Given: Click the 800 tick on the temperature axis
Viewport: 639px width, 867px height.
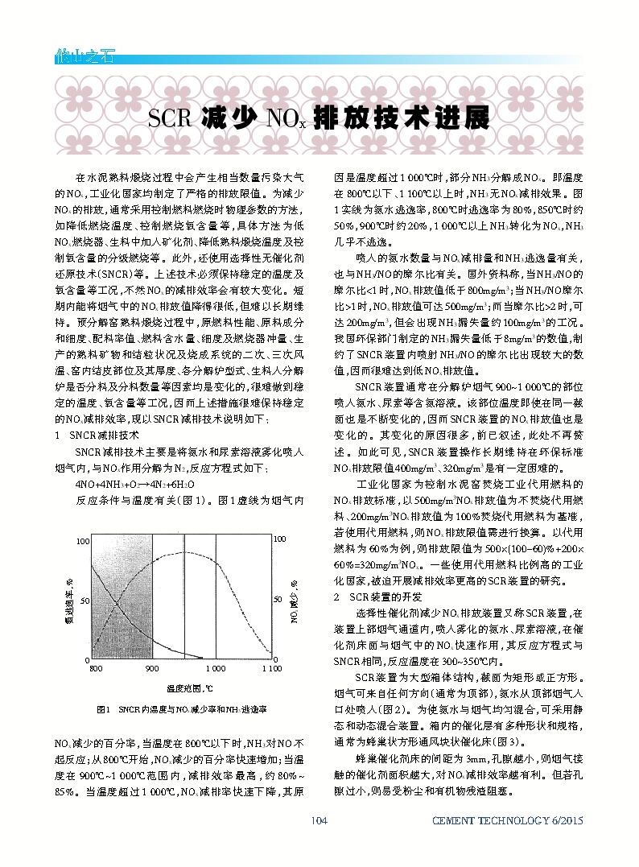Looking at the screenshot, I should coord(96,668).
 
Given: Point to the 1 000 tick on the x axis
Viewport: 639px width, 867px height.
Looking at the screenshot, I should coord(214,668).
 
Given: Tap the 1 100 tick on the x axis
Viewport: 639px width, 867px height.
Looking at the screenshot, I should coord(271,668).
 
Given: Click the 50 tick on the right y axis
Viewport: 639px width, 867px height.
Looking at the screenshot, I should coord(280,601).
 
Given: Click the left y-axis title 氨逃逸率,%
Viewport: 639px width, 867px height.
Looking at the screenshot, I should coord(71,601).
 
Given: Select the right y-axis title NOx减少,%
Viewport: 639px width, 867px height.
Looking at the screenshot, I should coord(295,601).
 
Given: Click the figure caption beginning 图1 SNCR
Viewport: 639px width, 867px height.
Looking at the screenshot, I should coord(180,709).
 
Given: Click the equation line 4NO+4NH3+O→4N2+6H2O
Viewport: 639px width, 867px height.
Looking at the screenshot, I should coord(130,485).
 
